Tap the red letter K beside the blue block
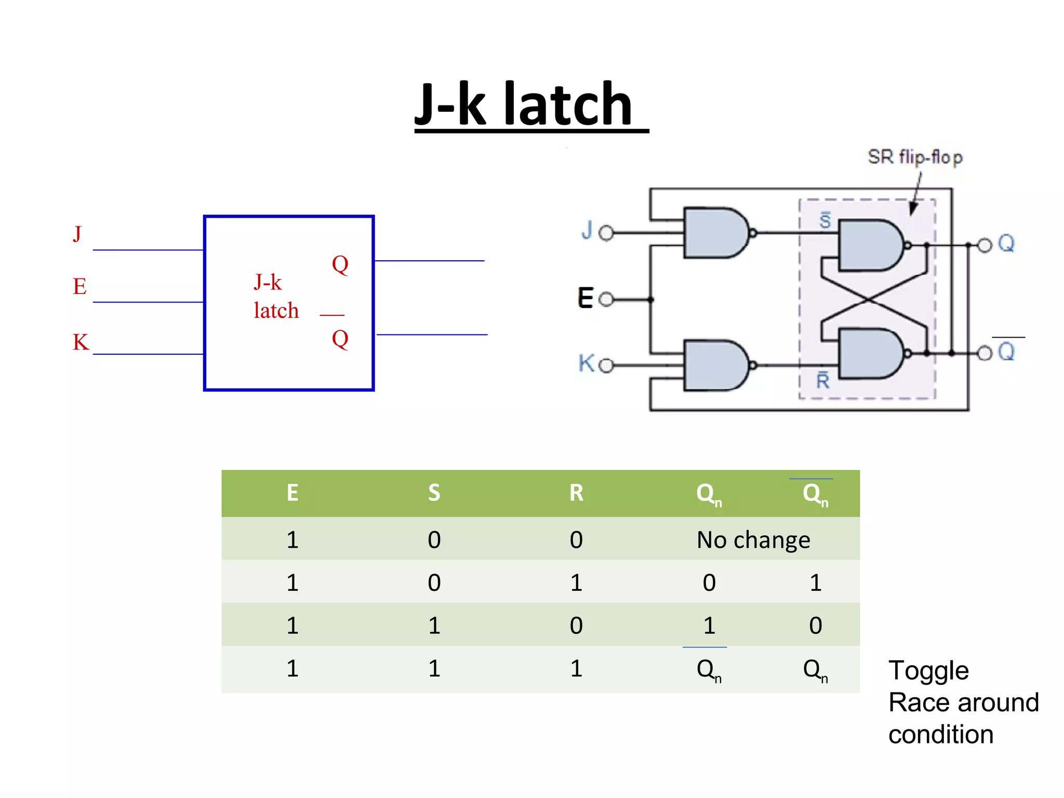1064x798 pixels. [81, 342]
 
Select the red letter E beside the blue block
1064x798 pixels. [79, 286]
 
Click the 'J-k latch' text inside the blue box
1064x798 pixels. [276, 297]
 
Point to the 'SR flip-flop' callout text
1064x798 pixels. [915, 157]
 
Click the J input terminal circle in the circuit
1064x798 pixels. [606, 233]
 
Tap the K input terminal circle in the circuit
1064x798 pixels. [606, 366]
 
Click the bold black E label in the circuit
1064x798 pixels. [586, 298]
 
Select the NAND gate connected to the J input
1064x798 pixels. [715, 233]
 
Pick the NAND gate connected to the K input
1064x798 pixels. [715, 365]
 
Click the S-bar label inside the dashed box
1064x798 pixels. [825, 220]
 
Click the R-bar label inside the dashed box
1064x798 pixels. [823, 381]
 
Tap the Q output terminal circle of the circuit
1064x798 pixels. [985, 245]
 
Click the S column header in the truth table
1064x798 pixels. [434, 493]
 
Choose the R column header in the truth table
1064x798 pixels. [576, 493]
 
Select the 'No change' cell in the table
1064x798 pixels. [753, 540]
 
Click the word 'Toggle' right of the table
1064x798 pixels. [928, 670]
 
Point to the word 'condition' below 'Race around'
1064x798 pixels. [940, 735]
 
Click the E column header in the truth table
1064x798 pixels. [292, 493]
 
